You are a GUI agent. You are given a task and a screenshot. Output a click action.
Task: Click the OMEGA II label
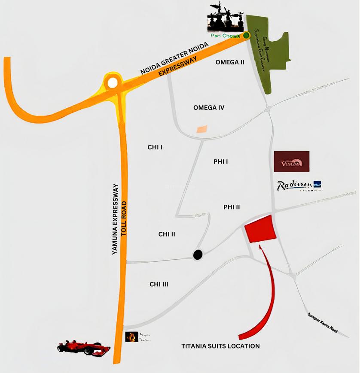(230, 62)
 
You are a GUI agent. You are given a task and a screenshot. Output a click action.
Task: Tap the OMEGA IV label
(209, 108)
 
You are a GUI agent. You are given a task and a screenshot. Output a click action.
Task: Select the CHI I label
(155, 147)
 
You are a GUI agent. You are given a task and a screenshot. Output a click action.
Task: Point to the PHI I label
(220, 162)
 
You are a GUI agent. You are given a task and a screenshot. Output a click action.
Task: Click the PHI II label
(232, 207)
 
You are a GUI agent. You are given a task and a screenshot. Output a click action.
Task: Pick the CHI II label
(167, 234)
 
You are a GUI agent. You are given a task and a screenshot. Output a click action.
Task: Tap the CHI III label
(159, 284)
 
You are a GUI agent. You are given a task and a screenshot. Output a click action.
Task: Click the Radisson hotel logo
(299, 186)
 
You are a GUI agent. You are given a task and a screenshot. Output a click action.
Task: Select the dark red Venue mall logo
(291, 161)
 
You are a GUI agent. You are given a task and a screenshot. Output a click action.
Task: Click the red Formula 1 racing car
(84, 347)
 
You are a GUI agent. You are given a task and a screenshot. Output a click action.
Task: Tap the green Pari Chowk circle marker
(247, 36)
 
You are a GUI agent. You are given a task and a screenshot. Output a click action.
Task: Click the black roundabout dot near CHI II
(197, 255)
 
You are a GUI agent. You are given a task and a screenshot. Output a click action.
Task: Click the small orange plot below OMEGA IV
(201, 129)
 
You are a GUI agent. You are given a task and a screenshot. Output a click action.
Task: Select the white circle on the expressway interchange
(113, 83)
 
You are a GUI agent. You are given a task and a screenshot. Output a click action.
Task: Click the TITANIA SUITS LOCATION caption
(220, 346)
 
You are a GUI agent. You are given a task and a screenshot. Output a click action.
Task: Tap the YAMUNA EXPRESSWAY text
(115, 219)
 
